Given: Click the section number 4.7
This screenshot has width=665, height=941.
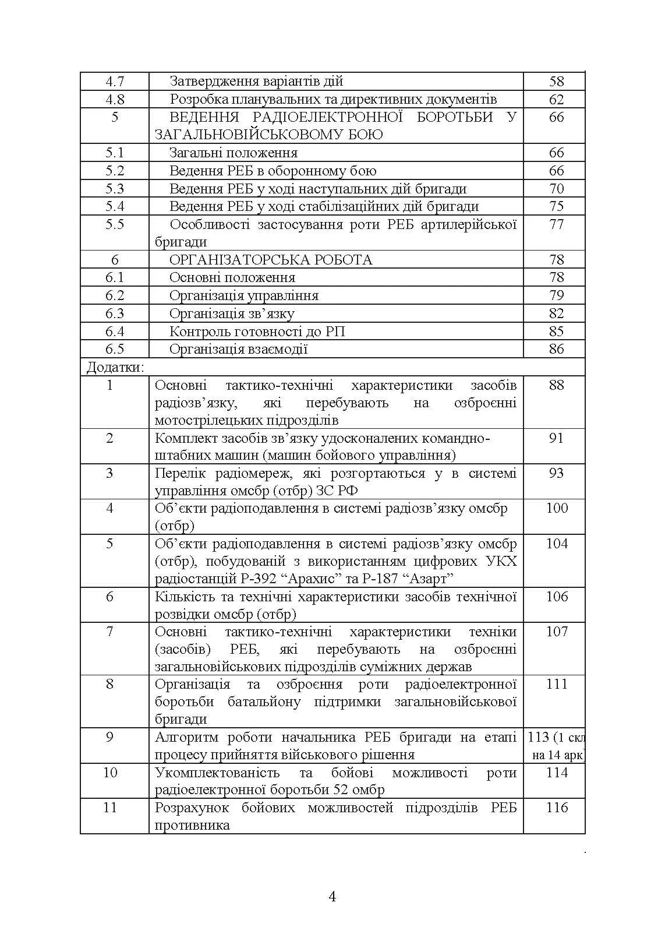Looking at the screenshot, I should (115, 82).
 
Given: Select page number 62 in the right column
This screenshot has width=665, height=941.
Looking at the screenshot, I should (556, 100).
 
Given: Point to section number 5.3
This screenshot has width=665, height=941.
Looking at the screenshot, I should (115, 189).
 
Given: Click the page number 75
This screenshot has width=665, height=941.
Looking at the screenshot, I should (556, 206).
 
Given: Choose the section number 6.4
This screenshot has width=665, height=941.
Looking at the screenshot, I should (115, 332).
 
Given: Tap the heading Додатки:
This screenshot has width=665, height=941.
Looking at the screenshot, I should (115, 367).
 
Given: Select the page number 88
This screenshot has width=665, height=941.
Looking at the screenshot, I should (556, 385).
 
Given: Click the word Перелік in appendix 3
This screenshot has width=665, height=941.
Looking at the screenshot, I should (181, 473).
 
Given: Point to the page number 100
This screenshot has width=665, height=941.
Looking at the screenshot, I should (556, 508).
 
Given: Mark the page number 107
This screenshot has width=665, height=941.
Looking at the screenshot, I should (556, 632).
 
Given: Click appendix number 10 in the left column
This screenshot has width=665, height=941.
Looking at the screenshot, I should (110, 773).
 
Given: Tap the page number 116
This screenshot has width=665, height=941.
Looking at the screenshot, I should (556, 808).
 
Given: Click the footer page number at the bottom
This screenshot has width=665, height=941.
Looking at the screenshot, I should (332, 896).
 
